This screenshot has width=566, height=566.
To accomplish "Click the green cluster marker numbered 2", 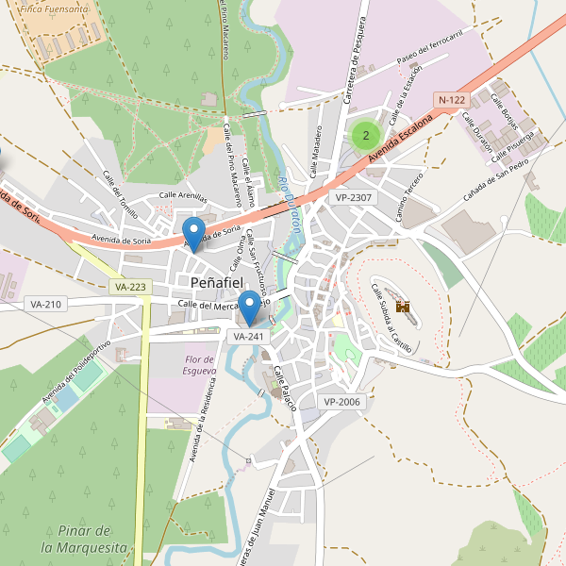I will point(365,136).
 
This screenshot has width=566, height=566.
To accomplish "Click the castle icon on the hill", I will point(403,307).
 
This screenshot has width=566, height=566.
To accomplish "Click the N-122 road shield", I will point(451,100).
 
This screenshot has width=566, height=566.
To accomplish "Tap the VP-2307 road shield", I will point(354,197).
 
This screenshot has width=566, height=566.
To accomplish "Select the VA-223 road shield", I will point(129,287).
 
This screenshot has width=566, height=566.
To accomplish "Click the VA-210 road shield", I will point(45,304).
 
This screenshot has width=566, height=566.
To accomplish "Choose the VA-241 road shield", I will point(249,336).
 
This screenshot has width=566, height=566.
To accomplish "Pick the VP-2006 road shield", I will point(341,402).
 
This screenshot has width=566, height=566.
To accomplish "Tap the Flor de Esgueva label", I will point(200,365).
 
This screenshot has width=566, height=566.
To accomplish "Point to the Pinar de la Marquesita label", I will point(84,539).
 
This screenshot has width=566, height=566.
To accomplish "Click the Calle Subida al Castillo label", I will point(391,317).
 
